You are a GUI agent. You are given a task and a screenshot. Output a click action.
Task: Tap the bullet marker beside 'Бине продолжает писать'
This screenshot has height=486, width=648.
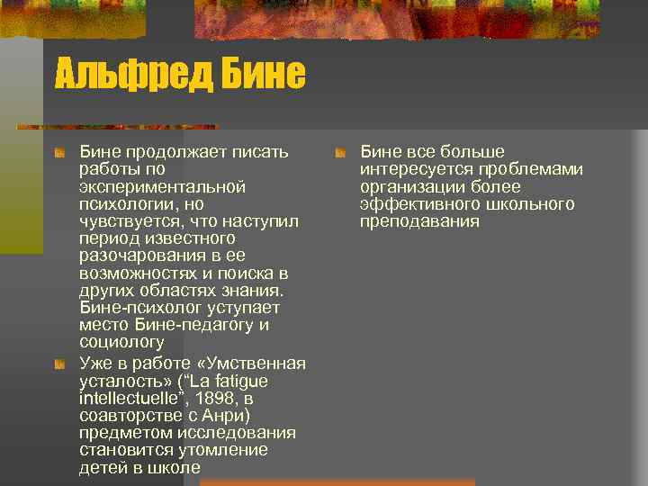point(59,152)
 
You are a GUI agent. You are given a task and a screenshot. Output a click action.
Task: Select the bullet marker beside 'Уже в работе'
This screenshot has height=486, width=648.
point(59,364)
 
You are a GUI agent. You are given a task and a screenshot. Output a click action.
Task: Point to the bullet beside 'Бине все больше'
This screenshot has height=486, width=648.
point(340,152)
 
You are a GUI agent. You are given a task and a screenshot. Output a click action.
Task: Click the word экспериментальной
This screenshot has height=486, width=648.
point(163,186)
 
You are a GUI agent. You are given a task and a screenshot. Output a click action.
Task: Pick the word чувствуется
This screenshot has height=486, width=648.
point(123,220)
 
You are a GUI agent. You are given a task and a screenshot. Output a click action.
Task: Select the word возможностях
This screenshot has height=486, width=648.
point(137,273)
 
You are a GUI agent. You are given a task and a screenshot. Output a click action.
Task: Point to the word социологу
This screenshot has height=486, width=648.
point(121,342)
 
